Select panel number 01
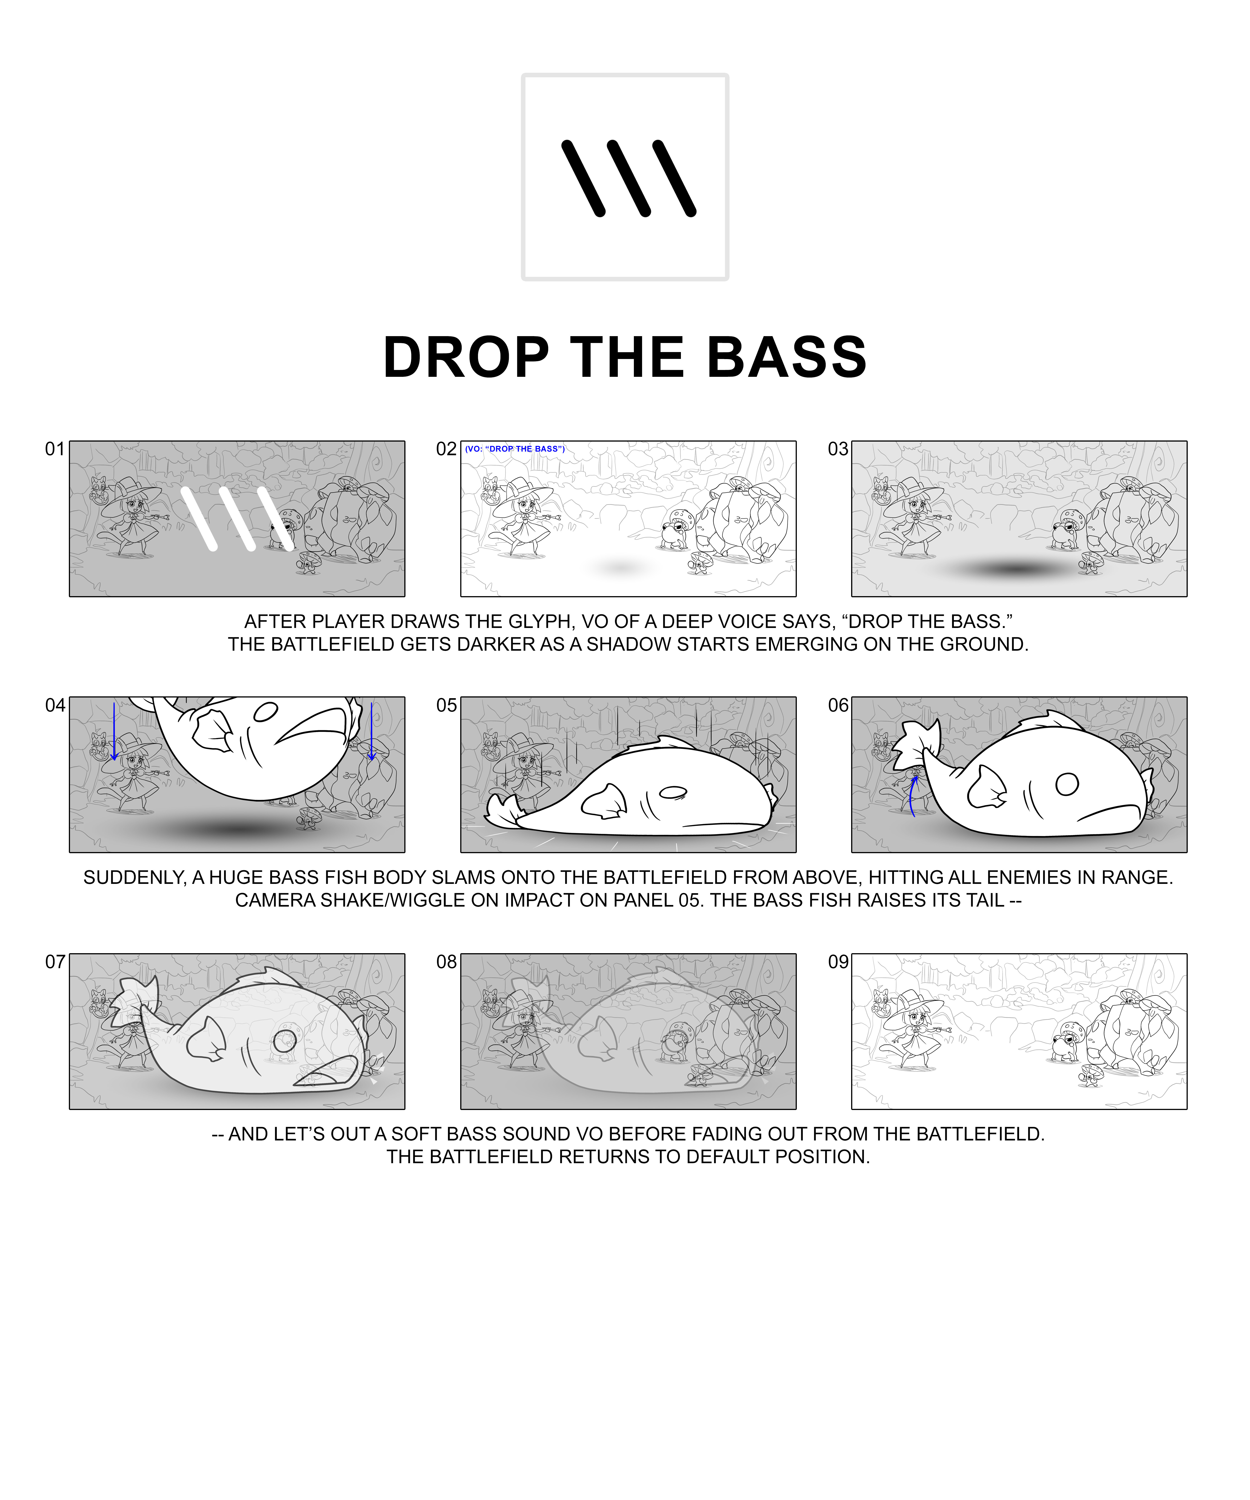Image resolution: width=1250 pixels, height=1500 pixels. point(55,449)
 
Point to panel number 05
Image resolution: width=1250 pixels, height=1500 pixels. point(446,706)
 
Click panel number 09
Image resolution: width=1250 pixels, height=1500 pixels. point(838,962)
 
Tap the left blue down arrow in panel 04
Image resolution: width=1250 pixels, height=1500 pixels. point(114,731)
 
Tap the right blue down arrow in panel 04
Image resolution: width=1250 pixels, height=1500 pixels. point(371,731)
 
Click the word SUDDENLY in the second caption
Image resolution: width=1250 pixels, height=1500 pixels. point(134,878)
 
